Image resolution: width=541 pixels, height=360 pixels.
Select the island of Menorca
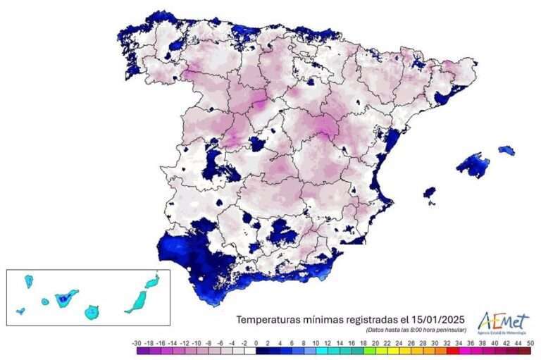pyautogui.click(x=506, y=150)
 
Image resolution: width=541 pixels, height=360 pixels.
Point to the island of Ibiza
pyautogui.click(x=429, y=192)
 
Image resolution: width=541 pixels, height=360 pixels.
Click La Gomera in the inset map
pyautogui.click(x=45, y=302)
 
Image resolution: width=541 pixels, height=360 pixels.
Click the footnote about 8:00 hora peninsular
pyautogui.click(x=416, y=330)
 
